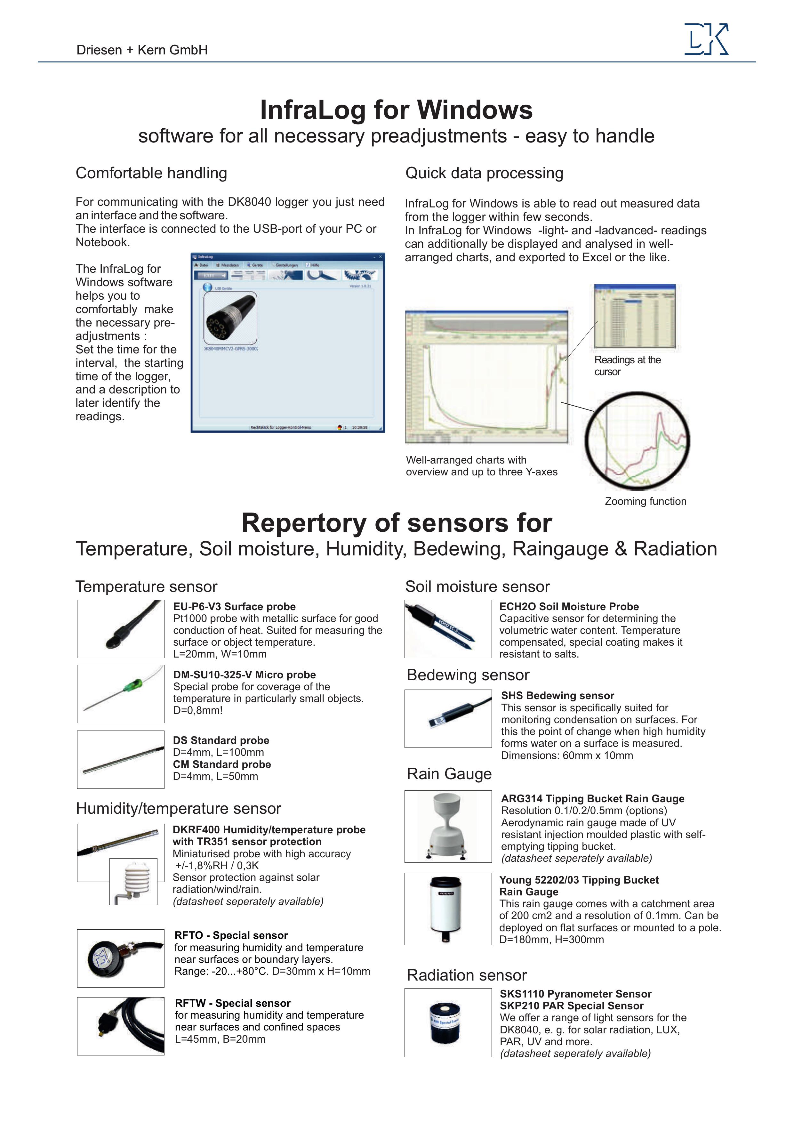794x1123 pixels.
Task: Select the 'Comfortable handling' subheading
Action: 151,173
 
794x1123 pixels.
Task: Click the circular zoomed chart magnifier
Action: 637,441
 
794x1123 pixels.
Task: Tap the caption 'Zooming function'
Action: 646,501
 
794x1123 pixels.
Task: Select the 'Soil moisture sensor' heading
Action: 477,586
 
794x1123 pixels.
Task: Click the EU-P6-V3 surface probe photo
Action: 121,629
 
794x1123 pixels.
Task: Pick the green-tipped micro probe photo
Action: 121,694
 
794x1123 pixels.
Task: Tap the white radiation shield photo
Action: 133,881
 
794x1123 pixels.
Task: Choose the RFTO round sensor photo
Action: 121,958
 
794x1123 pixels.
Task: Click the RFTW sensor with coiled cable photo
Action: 121,1026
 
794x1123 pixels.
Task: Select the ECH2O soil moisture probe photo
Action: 448,629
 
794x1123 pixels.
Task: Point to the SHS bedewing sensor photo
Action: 448,718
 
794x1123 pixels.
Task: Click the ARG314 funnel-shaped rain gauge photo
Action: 448,827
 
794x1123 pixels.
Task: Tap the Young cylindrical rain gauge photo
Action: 448,909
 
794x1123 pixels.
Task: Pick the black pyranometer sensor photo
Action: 448,1023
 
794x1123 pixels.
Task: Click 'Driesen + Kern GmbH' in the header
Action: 142,50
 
